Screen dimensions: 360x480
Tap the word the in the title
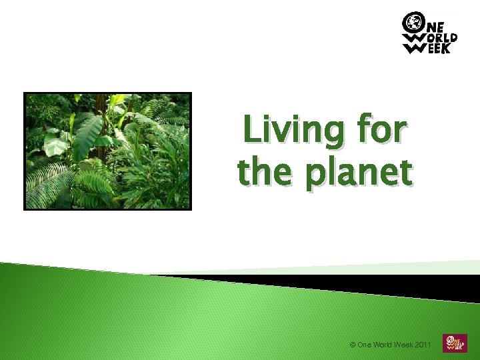pyautogui.click(x=263, y=172)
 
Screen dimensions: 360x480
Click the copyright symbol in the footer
pyautogui.click(x=352, y=345)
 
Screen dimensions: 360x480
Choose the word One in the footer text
pyautogui.click(x=365, y=345)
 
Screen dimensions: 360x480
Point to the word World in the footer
pyautogui.click(x=385, y=345)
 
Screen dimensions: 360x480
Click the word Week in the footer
pyautogui.click(x=407, y=345)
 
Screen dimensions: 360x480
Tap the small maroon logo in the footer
pyautogui.click(x=455, y=343)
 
